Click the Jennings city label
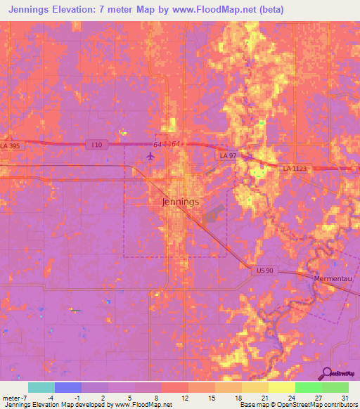pos(180,202)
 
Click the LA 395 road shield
pos(10,145)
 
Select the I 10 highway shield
pos(97,144)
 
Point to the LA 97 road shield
pos(227,155)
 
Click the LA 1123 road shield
pos(296,169)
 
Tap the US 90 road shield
pos(264,270)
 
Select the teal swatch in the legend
pos(41,387)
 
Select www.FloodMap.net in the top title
pos(224,11)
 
